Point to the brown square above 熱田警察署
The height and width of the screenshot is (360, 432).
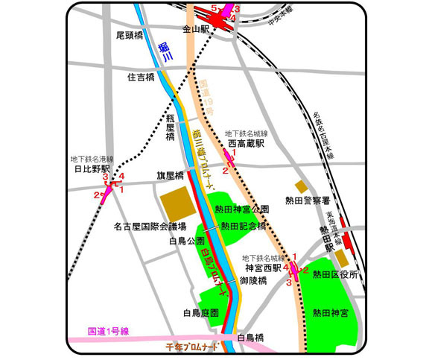(x=300, y=186)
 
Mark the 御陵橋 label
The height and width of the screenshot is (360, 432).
(x=255, y=281)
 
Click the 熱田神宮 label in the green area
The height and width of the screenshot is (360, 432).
(x=331, y=314)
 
